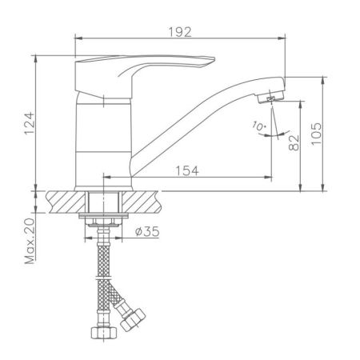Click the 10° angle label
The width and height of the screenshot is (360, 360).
tap(257, 126)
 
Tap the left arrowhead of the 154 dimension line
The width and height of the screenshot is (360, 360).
tap(105, 176)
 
